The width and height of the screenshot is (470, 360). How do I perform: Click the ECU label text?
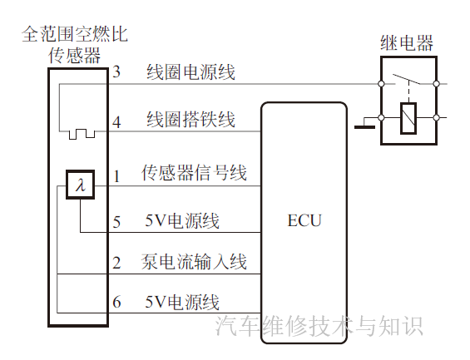click(x=304, y=221)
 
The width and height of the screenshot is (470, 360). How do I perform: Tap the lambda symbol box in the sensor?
click(x=80, y=185)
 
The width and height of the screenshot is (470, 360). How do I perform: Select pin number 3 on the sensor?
click(x=116, y=72)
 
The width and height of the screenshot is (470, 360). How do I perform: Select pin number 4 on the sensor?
click(x=116, y=121)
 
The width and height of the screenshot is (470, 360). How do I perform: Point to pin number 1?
click(x=117, y=175)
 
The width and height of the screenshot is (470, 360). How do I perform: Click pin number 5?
click(x=116, y=222)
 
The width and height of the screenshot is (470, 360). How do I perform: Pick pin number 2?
click(x=116, y=264)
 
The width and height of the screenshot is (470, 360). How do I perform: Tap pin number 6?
click(x=116, y=303)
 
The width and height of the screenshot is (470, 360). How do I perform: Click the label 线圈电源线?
click(x=191, y=72)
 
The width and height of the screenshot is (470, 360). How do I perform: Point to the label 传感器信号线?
click(x=195, y=174)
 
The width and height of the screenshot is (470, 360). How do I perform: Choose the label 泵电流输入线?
click(x=196, y=263)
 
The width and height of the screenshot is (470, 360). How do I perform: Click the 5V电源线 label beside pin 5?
click(x=182, y=221)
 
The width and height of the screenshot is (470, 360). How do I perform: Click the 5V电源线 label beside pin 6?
click(x=182, y=302)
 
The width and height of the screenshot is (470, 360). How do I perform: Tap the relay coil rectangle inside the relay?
click(x=408, y=118)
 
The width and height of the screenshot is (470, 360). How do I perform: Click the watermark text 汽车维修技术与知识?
click(x=319, y=325)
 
